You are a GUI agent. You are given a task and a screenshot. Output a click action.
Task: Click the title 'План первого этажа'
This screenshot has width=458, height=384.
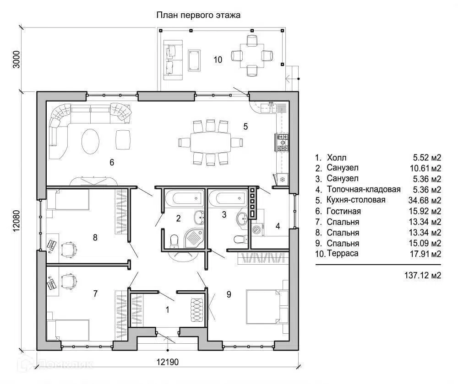(x=198, y=15)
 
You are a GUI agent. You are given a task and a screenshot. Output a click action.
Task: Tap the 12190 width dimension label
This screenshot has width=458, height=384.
(x=168, y=362)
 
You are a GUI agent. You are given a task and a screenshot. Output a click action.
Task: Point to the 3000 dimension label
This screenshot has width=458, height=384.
(x=16, y=59)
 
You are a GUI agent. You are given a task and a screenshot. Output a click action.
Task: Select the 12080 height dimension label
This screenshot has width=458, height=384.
(x=16, y=221)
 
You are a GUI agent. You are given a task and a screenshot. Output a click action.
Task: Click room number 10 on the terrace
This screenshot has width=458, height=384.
(x=218, y=60)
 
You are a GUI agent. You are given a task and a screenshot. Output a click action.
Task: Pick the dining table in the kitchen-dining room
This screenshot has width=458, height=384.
(x=210, y=142)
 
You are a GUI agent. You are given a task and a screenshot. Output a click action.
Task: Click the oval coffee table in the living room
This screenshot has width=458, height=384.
(x=90, y=142)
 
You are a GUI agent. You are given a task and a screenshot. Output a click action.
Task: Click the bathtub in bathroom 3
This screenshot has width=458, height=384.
(x=228, y=198)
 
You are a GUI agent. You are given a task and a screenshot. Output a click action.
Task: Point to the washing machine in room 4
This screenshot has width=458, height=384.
(x=257, y=229)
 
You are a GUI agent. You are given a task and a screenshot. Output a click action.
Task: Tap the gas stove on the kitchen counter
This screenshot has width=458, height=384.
(x=282, y=143)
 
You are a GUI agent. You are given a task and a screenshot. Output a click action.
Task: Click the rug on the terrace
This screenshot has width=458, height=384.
(x=194, y=60)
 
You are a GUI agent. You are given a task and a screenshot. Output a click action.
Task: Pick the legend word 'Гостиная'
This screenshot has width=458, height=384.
(x=344, y=211)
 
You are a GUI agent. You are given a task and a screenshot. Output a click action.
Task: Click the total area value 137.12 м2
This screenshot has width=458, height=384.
(x=423, y=275)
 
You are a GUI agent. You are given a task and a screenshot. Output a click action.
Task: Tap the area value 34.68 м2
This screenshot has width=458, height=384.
(x=425, y=200)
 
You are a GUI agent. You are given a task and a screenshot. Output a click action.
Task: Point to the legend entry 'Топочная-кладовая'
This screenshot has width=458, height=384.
(x=364, y=189)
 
